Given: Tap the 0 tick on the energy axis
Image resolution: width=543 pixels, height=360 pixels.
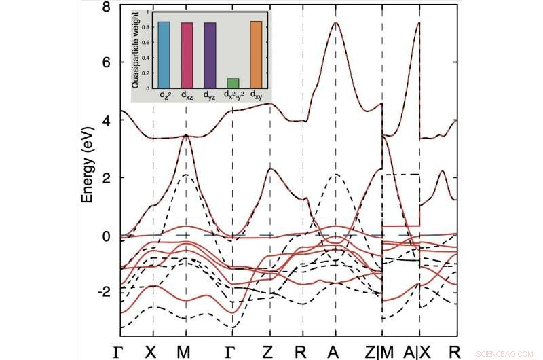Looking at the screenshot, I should tap(105, 236).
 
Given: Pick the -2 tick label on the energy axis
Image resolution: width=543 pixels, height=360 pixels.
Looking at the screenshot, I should tap(103, 291).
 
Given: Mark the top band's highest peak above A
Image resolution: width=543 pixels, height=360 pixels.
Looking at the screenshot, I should tap(335, 23).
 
